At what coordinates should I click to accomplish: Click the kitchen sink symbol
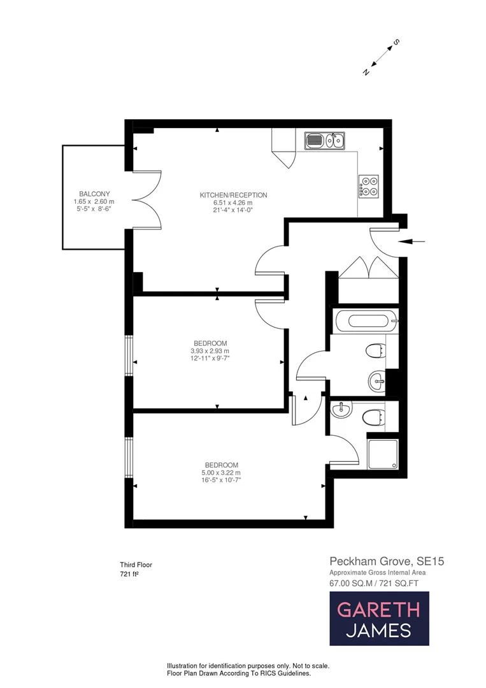[x=324, y=140]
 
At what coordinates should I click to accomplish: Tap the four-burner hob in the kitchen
[x=369, y=185]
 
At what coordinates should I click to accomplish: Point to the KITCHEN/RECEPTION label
[x=233, y=195]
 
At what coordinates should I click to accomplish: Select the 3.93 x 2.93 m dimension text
[x=210, y=351]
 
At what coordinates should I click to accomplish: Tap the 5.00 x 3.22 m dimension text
[x=221, y=473]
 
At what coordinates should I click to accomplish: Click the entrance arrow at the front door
[x=408, y=241]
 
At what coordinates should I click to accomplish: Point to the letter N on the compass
[x=366, y=72]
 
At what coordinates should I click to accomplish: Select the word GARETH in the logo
[x=378, y=609]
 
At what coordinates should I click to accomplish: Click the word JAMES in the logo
[x=378, y=631]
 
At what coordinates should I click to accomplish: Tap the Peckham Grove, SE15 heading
[x=386, y=561]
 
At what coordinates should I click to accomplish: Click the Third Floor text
[x=136, y=564]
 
